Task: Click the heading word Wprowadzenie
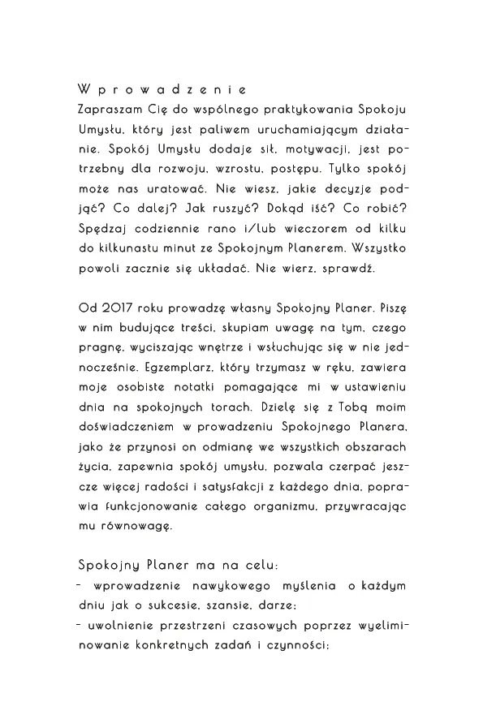click(x=162, y=88)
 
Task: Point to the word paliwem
click(x=250, y=129)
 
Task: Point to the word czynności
click(x=295, y=647)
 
